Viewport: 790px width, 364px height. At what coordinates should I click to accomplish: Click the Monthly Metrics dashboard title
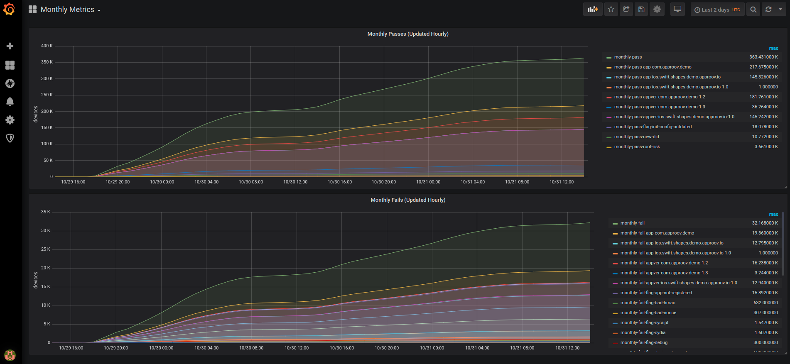point(67,10)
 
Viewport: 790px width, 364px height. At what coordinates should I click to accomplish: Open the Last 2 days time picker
point(717,10)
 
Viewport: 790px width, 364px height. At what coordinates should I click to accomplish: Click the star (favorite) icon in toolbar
point(611,9)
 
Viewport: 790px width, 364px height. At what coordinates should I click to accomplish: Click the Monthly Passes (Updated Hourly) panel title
point(407,34)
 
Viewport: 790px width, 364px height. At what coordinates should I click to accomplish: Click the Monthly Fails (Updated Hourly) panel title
point(407,200)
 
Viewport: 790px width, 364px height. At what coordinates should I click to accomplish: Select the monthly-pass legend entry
point(628,57)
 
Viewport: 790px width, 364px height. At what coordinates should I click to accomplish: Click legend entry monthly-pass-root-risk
point(637,147)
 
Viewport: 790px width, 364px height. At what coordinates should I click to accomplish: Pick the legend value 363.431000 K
point(763,57)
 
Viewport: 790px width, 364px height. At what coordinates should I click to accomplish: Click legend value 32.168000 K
point(765,223)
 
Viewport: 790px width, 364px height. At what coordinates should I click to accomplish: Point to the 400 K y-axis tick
point(47,46)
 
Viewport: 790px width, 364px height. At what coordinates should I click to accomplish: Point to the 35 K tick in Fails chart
point(45,212)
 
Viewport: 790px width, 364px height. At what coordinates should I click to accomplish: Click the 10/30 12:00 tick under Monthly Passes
point(295,182)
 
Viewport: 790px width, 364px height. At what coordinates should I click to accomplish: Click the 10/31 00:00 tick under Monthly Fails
point(432,348)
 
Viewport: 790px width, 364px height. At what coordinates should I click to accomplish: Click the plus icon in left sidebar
point(10,46)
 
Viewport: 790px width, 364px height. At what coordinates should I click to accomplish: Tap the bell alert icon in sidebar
point(10,102)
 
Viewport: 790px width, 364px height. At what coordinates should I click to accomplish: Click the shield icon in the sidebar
point(10,138)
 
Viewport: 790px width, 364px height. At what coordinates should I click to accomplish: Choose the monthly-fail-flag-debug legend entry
point(644,343)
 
